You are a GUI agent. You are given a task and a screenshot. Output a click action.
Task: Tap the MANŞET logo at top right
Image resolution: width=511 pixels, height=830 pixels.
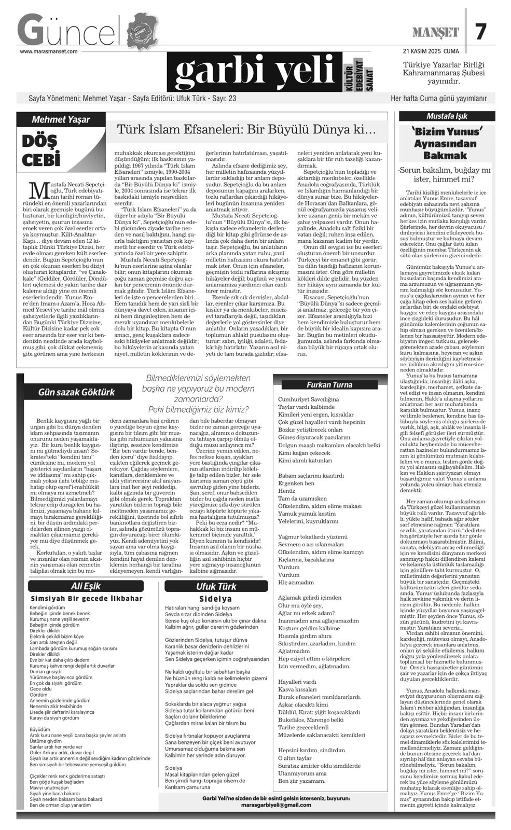coord(436,33)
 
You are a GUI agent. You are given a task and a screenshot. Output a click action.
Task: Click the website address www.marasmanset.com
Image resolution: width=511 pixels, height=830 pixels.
coord(49,51)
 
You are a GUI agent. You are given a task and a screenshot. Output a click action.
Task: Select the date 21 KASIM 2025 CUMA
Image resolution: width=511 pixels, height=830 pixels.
coord(431,51)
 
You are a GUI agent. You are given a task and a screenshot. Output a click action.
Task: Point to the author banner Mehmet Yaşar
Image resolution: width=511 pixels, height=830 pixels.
coord(61,119)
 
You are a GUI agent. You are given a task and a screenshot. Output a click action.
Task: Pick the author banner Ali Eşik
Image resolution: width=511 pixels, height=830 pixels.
coord(86,587)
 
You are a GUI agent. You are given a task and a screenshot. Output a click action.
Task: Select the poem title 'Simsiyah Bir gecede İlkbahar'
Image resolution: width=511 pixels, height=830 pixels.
coord(86,598)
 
